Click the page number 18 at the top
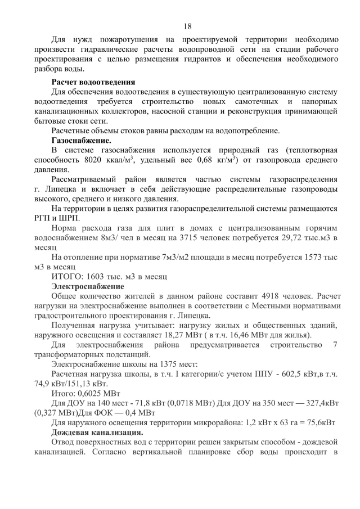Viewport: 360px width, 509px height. (x=188, y=26)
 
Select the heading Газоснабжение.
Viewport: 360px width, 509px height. (x=81, y=140)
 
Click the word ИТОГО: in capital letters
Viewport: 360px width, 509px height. (x=67, y=277)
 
